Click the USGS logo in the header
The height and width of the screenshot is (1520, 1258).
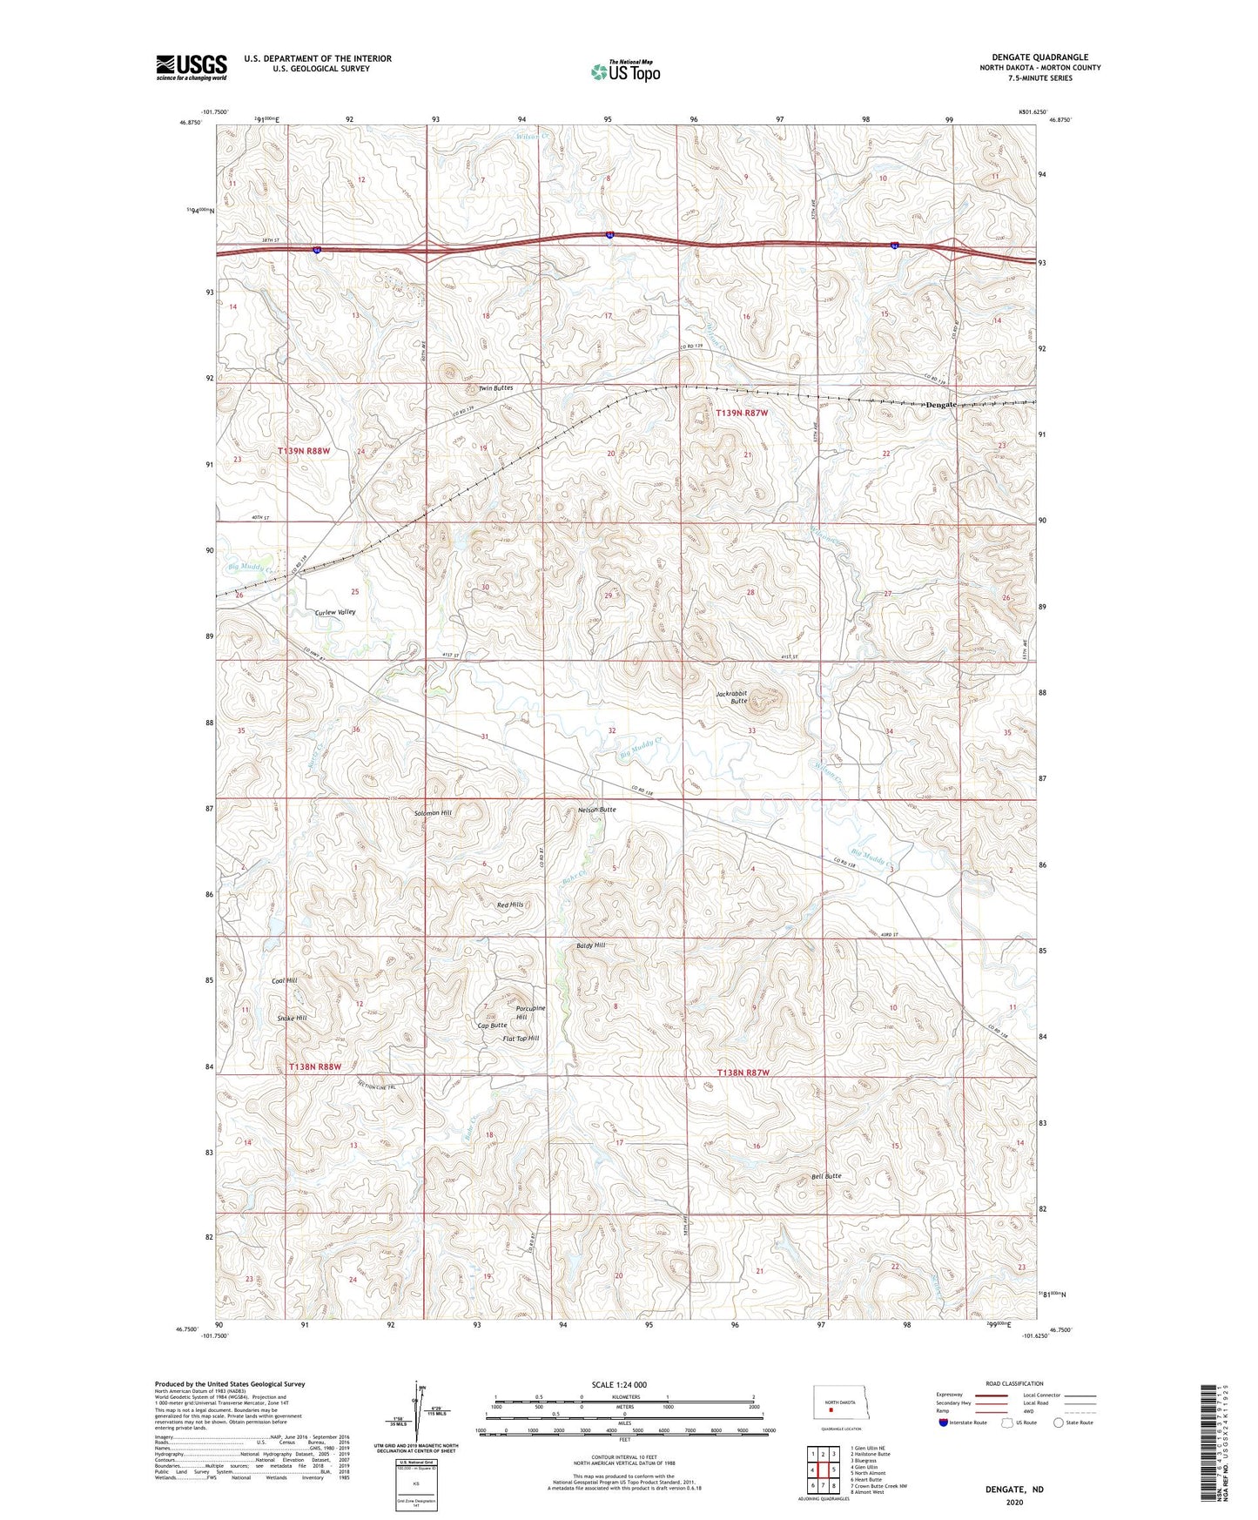pyautogui.click(x=192, y=67)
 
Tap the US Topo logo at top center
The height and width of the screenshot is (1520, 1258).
pyautogui.click(x=625, y=71)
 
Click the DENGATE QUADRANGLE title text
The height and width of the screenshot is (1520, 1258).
pyautogui.click(x=1039, y=57)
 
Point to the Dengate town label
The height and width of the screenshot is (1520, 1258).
pyautogui.click(x=940, y=405)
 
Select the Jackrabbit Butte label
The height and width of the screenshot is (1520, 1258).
pyautogui.click(x=731, y=697)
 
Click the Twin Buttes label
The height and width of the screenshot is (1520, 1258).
pyautogui.click(x=496, y=387)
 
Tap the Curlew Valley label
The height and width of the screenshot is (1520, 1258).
pyautogui.click(x=335, y=612)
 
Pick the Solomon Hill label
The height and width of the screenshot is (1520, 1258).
pyautogui.click(x=433, y=812)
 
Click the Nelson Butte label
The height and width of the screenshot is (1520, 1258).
pyautogui.click(x=596, y=810)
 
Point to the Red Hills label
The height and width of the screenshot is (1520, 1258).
pyautogui.click(x=510, y=905)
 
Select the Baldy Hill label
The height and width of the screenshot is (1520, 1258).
pyautogui.click(x=590, y=945)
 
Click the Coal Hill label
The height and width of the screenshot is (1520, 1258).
pyautogui.click(x=284, y=980)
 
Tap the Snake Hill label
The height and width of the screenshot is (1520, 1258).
pyautogui.click(x=292, y=1018)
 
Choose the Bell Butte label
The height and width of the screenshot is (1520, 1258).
pyautogui.click(x=826, y=1176)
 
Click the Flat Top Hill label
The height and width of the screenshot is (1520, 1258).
pyautogui.click(x=521, y=1038)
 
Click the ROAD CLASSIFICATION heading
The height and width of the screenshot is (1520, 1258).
pyautogui.click(x=1015, y=1383)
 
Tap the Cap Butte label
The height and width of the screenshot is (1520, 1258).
pyautogui.click(x=492, y=1026)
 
